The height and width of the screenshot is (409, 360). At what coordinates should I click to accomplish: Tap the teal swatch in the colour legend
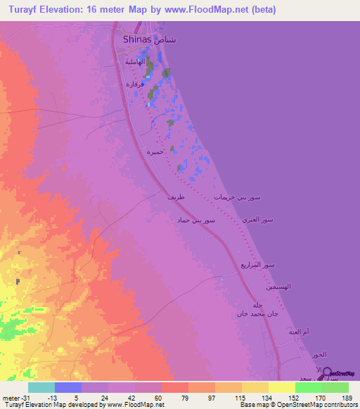pyautogui.click(x=41, y=387)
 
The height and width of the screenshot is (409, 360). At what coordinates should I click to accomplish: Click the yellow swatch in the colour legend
pyautogui.click(x=281, y=387)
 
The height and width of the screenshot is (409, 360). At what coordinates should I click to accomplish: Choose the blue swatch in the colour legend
pyautogui.click(x=68, y=387)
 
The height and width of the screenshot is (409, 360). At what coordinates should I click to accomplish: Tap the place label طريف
pyautogui.click(x=176, y=198)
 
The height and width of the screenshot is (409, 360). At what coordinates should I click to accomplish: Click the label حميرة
pyautogui.click(x=155, y=152)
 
